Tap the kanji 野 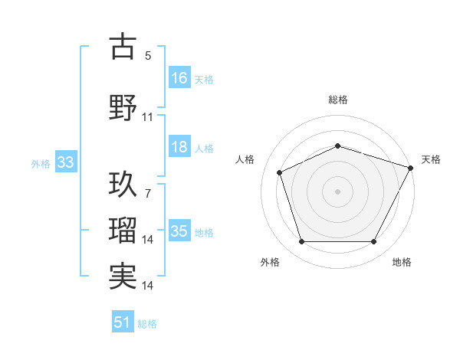(123, 108)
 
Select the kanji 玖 (123, 185)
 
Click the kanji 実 (123, 276)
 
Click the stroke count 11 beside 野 (148, 117)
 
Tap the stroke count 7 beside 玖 (148, 194)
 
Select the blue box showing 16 (179, 77)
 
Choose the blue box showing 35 (179, 231)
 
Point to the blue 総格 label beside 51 (147, 324)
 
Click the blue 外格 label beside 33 (41, 163)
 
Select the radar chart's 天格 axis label (432, 159)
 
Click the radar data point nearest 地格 (373, 242)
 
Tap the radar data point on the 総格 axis (338, 146)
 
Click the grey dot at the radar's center (338, 191)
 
